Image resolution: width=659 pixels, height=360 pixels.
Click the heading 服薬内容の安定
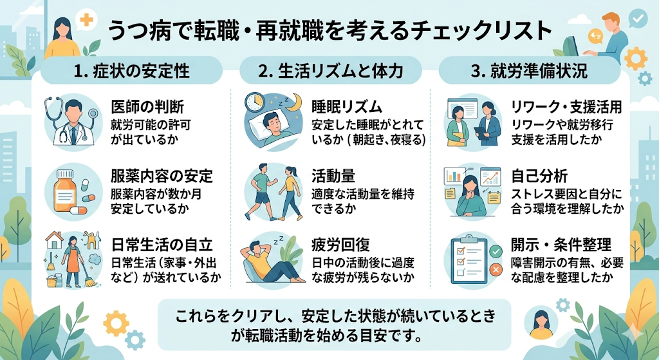point(162,175)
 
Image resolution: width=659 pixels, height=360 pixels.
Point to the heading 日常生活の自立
point(162,245)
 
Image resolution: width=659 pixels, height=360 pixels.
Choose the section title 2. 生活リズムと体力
point(330,70)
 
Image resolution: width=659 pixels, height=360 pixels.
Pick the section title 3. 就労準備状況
point(528,70)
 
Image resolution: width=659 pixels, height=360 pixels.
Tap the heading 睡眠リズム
point(347,106)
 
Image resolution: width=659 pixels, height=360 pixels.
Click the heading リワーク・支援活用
point(566,106)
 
